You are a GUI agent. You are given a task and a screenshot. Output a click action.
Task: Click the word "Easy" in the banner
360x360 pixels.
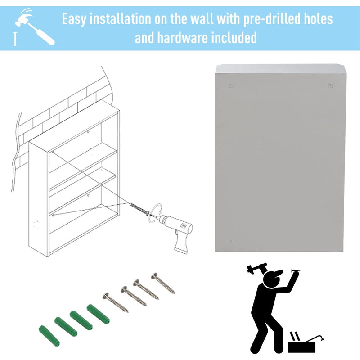(74, 19)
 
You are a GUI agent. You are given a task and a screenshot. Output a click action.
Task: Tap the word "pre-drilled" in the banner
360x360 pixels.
(272, 18)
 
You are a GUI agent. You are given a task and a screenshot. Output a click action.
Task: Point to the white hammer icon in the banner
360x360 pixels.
(35, 27)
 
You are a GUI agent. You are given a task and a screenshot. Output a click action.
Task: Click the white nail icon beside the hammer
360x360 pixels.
(15, 39)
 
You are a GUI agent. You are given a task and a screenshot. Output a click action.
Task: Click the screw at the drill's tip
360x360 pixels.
(139, 208)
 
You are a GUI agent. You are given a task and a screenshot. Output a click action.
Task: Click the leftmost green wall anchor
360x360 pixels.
(49, 335)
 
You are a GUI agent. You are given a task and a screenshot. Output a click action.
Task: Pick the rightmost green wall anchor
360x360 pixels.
(98, 314)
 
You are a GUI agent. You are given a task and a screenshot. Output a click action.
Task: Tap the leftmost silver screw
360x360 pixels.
(116, 302)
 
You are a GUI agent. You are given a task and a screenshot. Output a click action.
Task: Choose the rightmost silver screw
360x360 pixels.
(163, 283)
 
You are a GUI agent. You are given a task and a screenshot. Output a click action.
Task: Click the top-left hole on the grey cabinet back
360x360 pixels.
(231, 85)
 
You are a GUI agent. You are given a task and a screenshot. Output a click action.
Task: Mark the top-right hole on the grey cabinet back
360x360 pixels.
(330, 85)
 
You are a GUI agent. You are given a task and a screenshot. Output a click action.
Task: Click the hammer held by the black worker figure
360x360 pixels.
(257, 268)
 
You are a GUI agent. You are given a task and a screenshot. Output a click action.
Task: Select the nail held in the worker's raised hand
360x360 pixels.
(296, 270)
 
